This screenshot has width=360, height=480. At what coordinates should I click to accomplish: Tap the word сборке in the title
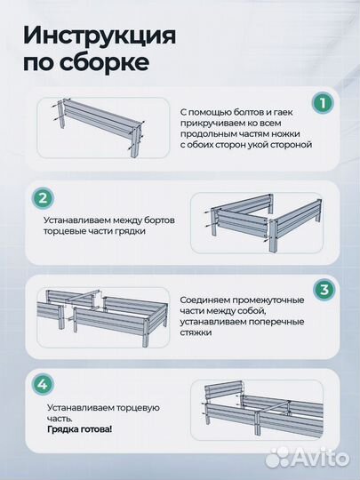coord(108,65)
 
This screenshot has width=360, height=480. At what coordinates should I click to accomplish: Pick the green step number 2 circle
coord(40,197)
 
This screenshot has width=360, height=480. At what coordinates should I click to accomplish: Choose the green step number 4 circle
coord(40,385)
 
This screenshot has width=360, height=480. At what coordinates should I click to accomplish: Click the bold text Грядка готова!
coord(80,428)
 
